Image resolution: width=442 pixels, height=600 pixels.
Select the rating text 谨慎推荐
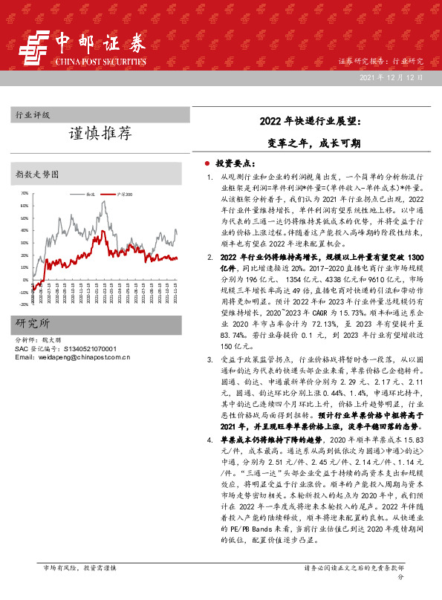pos(100,134)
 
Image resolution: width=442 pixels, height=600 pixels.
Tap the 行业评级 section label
pos(33,115)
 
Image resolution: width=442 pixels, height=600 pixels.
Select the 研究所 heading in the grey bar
pos(33,324)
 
